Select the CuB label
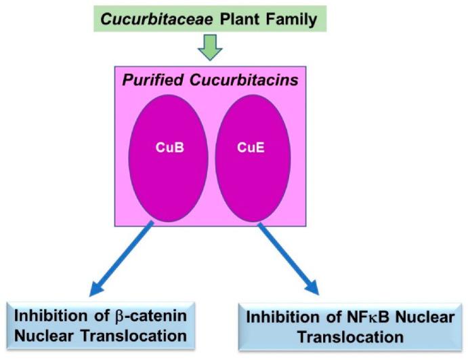point(167,146)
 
